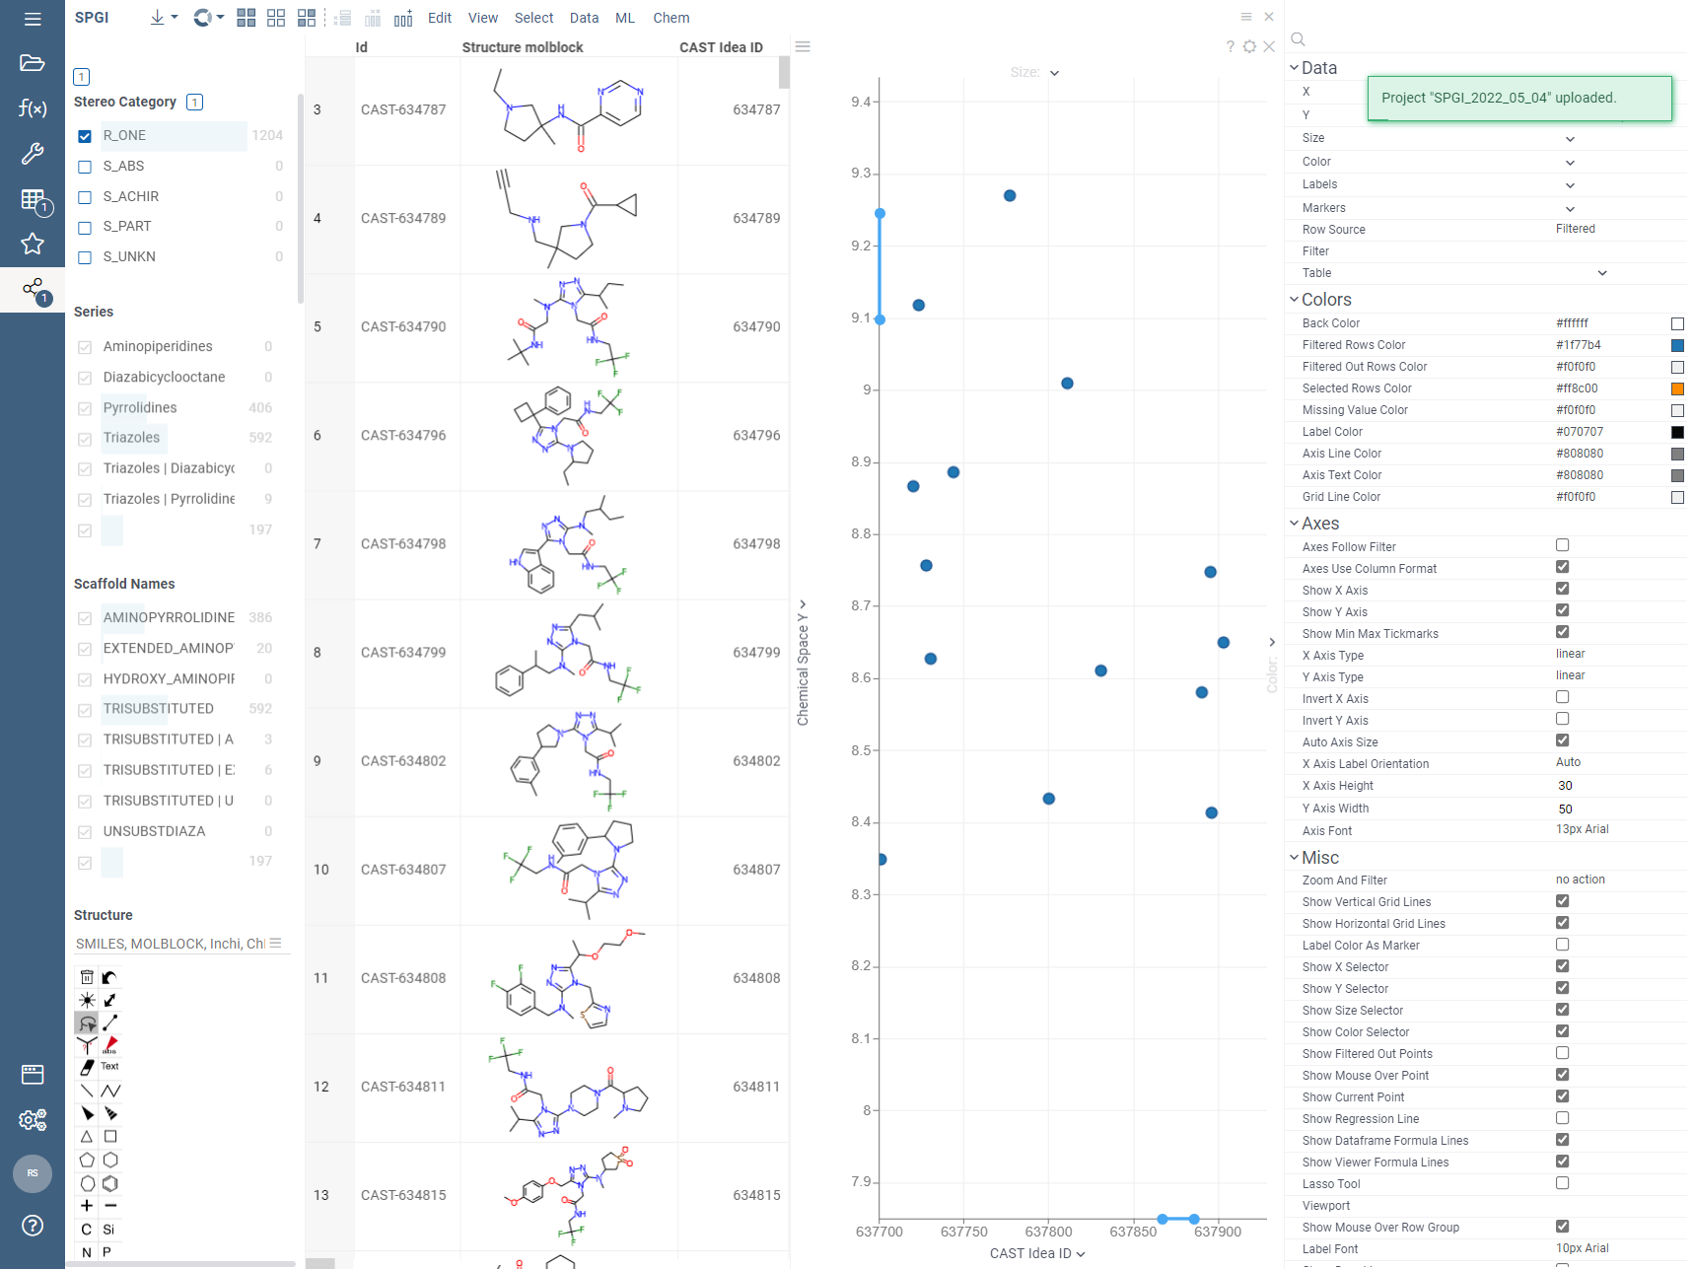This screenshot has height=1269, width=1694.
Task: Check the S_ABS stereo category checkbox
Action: point(85,167)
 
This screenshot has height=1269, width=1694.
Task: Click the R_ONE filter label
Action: point(124,136)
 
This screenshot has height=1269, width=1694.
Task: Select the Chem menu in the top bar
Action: point(671,18)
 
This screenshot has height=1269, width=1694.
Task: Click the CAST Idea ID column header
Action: point(720,47)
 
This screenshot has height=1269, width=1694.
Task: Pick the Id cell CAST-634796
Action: point(403,435)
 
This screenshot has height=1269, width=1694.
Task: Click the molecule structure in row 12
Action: point(567,1087)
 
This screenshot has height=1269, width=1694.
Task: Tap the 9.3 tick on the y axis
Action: point(861,174)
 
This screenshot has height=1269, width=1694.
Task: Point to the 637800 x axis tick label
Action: point(1048,1232)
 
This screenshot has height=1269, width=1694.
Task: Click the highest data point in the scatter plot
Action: point(1010,196)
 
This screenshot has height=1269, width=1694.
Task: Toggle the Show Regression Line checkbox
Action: point(1562,1118)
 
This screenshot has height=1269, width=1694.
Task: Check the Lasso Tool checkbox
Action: point(1562,1183)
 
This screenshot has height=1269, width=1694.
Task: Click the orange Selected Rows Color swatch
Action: point(1676,388)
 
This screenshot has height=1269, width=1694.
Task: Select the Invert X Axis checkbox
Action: point(1562,698)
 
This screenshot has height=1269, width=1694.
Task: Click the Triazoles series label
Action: point(131,438)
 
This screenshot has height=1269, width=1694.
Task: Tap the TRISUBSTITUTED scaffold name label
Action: point(158,709)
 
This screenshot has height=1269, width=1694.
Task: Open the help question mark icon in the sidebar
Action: point(33,1225)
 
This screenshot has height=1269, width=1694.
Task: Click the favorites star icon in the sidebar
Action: point(33,244)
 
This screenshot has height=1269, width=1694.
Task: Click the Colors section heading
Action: point(1326,300)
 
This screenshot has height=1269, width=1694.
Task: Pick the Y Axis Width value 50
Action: point(1566,809)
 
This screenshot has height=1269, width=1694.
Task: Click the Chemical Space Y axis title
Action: point(803,670)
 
